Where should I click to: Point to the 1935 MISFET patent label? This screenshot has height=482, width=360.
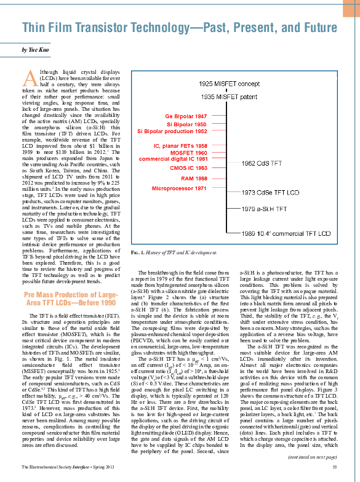(x=233, y=97)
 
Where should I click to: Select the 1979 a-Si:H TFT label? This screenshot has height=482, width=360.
(x=264, y=209)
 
